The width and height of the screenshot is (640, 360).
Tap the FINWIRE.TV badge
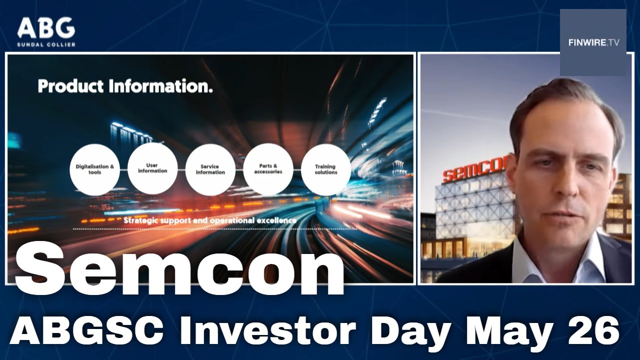[593, 42]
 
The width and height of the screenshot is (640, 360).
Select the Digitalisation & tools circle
[95, 169]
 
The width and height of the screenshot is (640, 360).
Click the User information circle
[152, 168]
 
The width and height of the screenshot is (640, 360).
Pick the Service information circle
[210, 169]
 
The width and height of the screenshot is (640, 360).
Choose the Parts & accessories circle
[268, 169]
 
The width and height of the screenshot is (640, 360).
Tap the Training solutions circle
[326, 169]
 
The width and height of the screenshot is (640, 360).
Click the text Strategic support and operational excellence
[210, 220]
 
